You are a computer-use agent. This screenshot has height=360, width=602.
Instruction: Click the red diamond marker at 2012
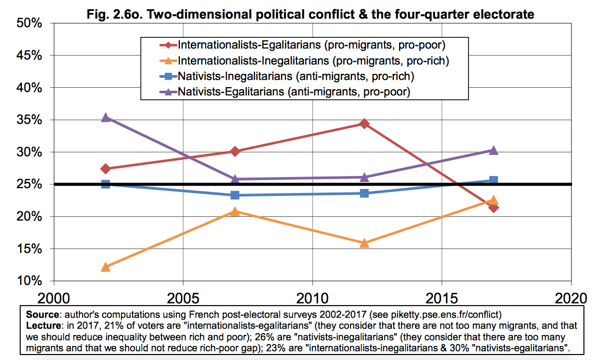click(x=364, y=124)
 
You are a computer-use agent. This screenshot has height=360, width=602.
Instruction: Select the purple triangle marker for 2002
click(x=105, y=118)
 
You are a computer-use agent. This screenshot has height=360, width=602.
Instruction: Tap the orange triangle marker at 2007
click(x=235, y=212)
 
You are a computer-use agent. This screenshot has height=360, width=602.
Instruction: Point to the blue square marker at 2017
click(x=493, y=180)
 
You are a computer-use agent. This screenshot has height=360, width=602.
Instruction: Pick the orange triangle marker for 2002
click(x=105, y=267)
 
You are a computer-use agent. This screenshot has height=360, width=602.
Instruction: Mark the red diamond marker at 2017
click(x=493, y=207)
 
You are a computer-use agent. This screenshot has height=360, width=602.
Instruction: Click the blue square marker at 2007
click(x=235, y=195)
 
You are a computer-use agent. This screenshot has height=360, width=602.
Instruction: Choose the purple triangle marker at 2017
click(x=493, y=151)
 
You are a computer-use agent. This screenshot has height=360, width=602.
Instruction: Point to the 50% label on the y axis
click(x=29, y=23)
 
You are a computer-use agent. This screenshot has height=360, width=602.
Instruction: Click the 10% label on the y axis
click(x=29, y=281)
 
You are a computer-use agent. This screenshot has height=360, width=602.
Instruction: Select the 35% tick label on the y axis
click(x=29, y=120)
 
